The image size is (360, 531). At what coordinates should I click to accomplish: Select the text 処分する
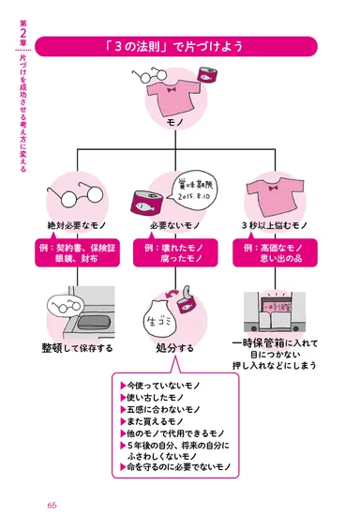tap(175, 348)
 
